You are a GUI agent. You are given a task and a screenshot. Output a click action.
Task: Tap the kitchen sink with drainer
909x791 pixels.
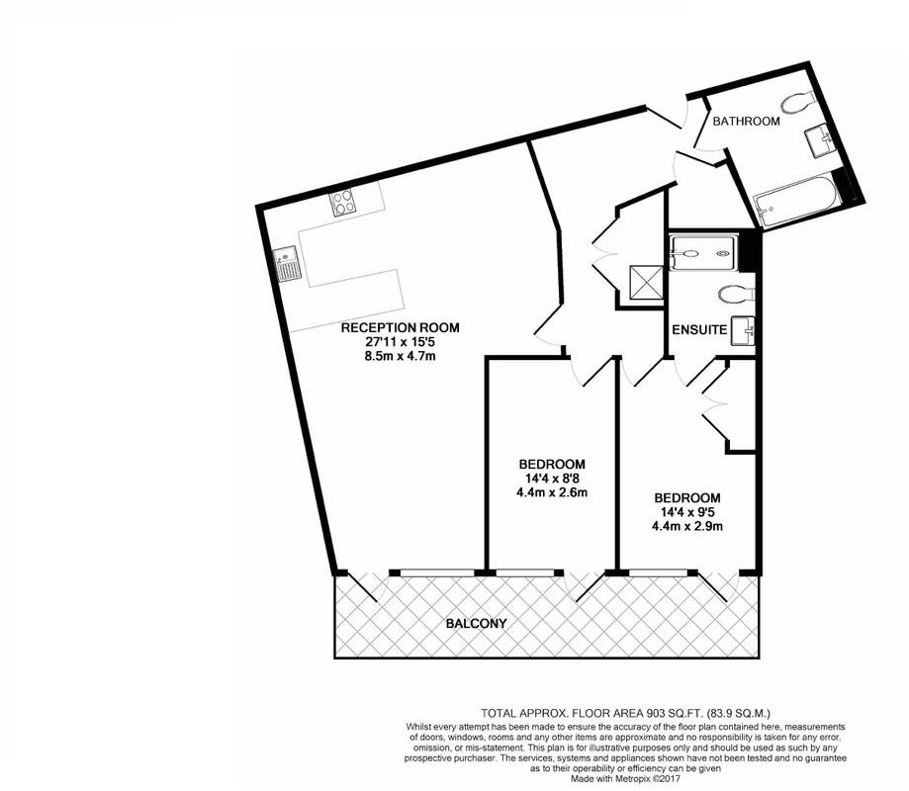click(x=287, y=265)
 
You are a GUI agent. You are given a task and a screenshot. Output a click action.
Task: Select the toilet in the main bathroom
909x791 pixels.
click(x=797, y=102)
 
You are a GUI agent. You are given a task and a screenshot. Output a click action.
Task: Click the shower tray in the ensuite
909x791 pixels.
click(x=703, y=252)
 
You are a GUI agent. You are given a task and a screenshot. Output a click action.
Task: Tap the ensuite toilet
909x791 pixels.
click(x=737, y=293)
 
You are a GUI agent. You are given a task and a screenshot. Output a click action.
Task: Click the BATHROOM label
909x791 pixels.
click(x=747, y=122)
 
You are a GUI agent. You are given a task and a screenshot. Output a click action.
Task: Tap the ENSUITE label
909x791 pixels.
click(x=699, y=329)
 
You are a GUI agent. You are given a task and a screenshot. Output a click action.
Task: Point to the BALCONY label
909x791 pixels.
click(x=476, y=624)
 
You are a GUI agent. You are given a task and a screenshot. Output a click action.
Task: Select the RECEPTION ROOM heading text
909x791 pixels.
click(x=400, y=327)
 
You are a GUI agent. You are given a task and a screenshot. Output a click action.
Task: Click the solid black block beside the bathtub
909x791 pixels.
click(x=844, y=185)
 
